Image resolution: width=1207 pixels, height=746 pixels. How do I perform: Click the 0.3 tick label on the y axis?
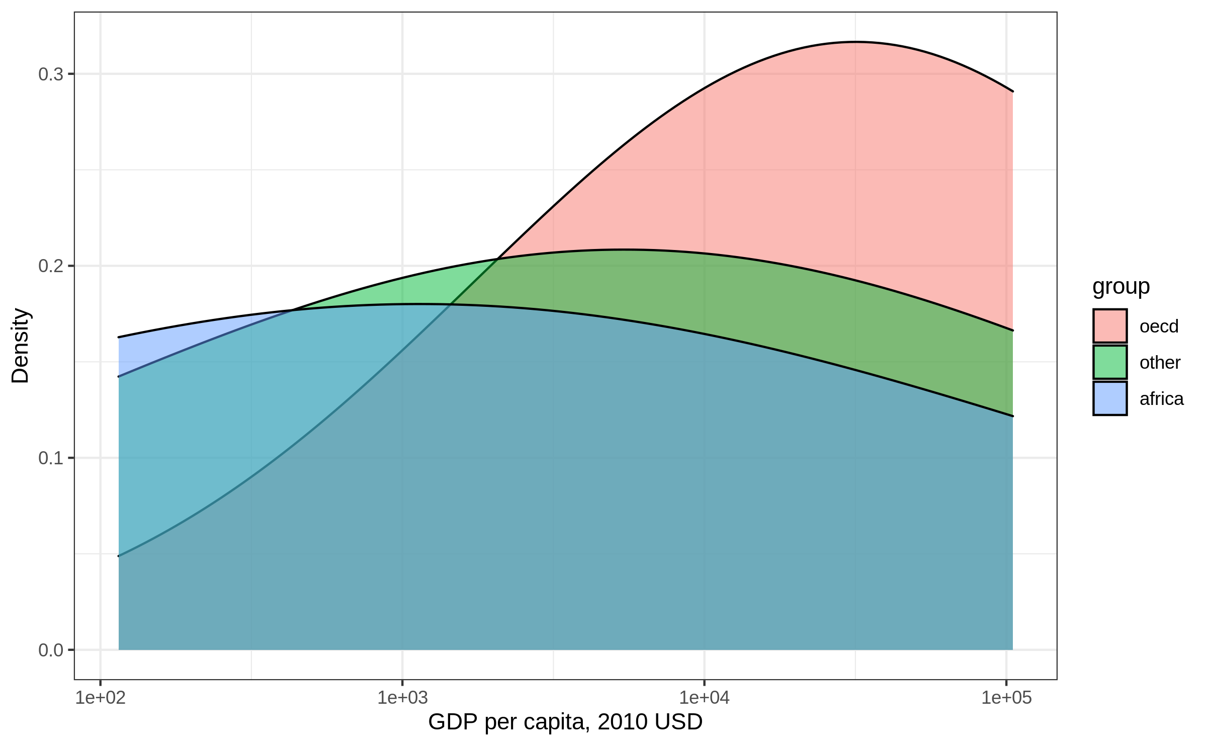(x=51, y=74)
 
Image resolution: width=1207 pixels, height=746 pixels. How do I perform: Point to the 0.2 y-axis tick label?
(x=51, y=266)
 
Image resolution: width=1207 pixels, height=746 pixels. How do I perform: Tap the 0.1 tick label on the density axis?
(x=51, y=458)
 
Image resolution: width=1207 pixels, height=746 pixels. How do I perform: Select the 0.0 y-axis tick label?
(x=51, y=650)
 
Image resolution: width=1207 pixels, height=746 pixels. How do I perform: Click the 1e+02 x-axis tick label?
(x=101, y=698)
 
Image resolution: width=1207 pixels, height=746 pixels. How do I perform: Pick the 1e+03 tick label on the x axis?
(x=402, y=698)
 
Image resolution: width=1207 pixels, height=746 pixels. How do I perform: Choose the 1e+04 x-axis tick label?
(x=704, y=698)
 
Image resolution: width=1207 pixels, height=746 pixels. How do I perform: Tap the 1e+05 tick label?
(x=1006, y=698)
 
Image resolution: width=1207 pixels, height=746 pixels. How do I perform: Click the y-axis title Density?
(x=21, y=346)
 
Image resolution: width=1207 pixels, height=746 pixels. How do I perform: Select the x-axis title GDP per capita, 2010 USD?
(x=565, y=722)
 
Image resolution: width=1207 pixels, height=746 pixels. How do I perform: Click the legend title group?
(x=1121, y=287)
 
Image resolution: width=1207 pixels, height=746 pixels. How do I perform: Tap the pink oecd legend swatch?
(x=1110, y=326)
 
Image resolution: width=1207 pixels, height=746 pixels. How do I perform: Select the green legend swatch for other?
(x=1110, y=362)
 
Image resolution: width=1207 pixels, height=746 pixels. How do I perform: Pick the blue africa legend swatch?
(x=1110, y=398)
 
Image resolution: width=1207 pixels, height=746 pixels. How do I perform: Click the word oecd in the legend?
(x=1159, y=326)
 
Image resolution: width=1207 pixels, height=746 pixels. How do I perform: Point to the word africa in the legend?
(x=1161, y=399)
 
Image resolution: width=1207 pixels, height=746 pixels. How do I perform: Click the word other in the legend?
(x=1160, y=363)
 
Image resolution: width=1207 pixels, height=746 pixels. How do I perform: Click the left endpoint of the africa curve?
(x=119, y=337)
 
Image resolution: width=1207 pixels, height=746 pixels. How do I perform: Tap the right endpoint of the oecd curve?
(x=1012, y=92)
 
